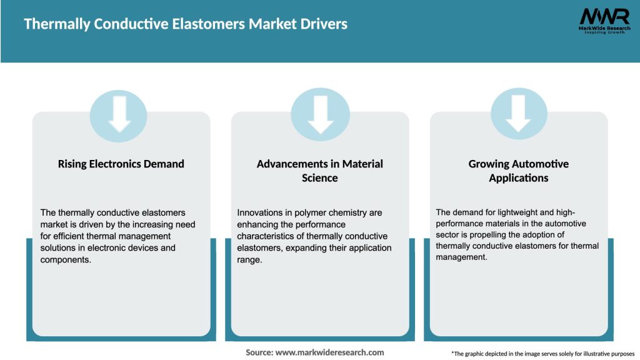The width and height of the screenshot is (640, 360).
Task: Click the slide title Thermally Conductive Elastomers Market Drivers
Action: pos(186,24)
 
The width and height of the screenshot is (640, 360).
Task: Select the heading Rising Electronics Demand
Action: pos(121,164)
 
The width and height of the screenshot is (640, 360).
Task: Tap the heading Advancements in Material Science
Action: pos(320,171)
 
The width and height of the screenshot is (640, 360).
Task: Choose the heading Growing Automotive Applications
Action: pos(519,171)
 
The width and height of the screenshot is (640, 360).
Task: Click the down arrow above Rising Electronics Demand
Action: pos(119,114)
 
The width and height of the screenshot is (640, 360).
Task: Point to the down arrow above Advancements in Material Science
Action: pos(320,114)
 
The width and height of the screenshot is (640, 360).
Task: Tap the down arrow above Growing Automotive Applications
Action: pos(519,114)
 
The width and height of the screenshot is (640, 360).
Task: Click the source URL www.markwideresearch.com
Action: pos(331,352)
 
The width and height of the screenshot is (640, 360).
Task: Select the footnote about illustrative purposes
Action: pos(542,354)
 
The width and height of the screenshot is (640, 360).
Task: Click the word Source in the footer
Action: pos(259,352)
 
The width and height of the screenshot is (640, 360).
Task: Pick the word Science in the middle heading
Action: pos(320,178)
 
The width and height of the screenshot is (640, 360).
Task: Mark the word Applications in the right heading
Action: pos(519,178)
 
